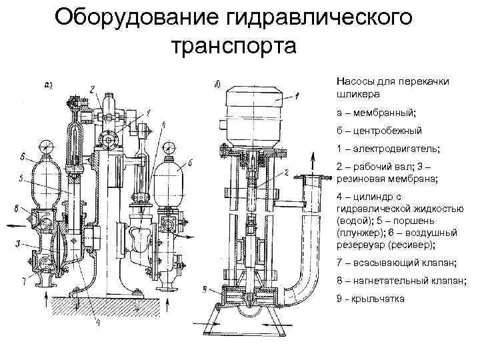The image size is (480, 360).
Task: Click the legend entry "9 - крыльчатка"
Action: [x=371, y=299]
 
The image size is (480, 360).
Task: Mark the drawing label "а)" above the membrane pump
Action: [x=48, y=84]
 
